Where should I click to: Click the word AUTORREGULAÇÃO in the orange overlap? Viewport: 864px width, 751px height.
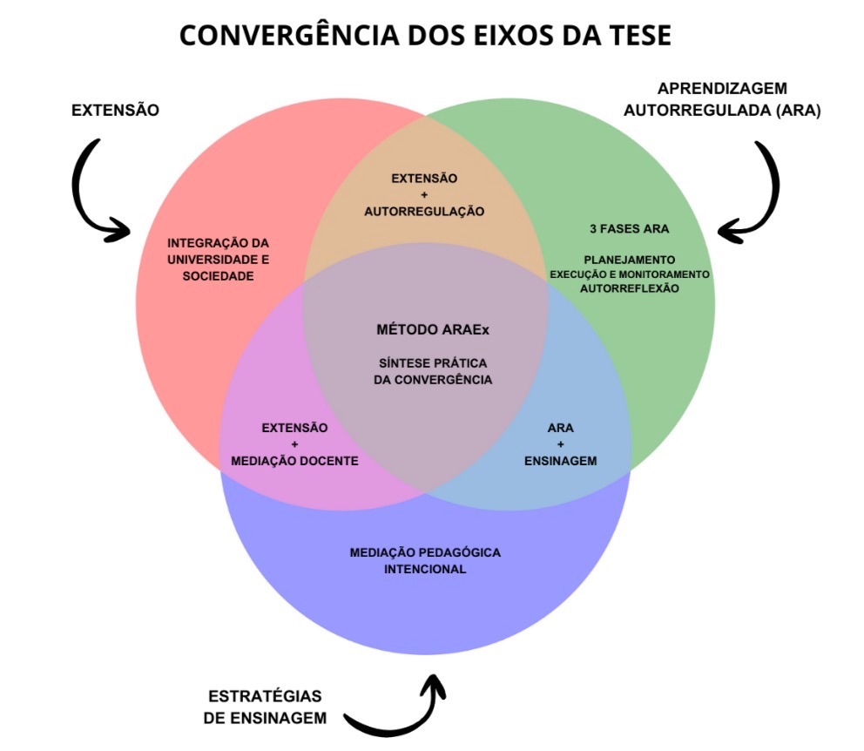(x=424, y=211)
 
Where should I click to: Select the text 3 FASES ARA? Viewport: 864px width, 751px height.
(x=629, y=229)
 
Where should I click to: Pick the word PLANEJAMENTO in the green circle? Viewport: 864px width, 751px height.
(x=629, y=260)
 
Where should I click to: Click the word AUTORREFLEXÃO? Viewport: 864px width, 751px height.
(x=629, y=288)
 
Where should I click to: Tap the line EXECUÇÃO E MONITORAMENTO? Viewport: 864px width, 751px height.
(x=629, y=274)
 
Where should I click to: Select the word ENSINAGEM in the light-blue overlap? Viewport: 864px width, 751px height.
(x=560, y=461)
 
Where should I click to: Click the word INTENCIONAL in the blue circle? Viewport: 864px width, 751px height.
(x=425, y=569)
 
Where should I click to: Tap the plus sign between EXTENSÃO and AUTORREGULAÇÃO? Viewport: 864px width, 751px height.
(x=424, y=194)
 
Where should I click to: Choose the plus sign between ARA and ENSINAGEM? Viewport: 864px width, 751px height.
(x=560, y=444)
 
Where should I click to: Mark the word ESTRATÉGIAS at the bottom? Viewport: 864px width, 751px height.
(x=265, y=696)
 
